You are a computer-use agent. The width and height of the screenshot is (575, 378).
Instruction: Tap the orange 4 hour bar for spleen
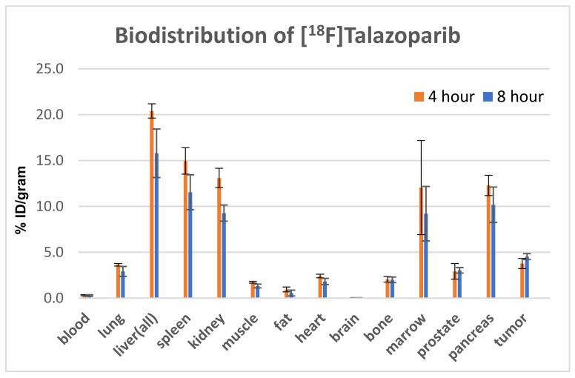tap(185, 229)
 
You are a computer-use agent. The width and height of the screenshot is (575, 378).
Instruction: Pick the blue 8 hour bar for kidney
tap(223, 256)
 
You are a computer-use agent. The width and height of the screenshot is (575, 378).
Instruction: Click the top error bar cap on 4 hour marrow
tap(420, 140)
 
